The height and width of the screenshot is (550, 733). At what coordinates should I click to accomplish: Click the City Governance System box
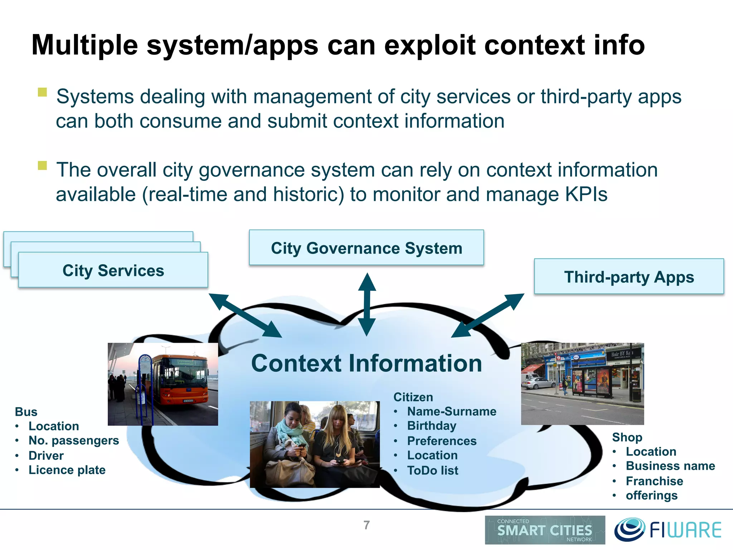click(x=366, y=248)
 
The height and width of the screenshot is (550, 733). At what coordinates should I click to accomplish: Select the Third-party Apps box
click(x=629, y=277)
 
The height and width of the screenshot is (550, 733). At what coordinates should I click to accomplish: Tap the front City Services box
click(x=113, y=270)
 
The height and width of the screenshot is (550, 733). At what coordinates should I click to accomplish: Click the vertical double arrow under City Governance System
click(x=367, y=304)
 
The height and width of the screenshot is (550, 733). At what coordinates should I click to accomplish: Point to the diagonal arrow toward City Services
click(x=245, y=315)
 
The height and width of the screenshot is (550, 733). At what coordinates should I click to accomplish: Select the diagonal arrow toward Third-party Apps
click(x=488, y=315)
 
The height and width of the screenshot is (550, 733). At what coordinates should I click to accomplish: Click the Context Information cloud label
click(x=366, y=363)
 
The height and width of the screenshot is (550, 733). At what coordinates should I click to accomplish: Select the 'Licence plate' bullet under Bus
click(x=67, y=470)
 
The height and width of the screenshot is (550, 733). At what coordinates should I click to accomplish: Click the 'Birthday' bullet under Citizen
click(x=432, y=426)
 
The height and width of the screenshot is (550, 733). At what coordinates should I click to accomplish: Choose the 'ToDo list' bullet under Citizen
click(x=432, y=471)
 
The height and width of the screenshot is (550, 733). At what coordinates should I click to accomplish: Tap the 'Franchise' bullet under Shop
click(x=654, y=481)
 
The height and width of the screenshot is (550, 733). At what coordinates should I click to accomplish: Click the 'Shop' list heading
click(x=627, y=437)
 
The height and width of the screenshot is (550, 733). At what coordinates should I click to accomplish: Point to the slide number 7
click(x=366, y=525)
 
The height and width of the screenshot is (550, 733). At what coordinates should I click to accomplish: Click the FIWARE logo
click(x=668, y=530)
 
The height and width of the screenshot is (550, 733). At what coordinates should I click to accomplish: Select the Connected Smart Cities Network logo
click(x=545, y=530)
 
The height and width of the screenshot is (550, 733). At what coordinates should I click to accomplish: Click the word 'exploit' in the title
click(x=429, y=45)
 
